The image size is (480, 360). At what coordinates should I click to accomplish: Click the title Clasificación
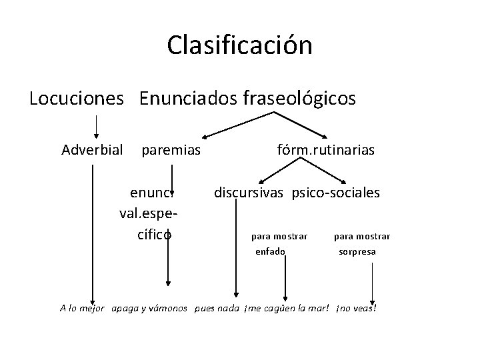point(239,45)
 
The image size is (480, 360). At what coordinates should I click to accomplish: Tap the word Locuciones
point(77,99)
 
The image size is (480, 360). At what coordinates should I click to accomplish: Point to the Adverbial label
point(92,150)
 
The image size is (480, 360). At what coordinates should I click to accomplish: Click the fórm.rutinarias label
point(326,150)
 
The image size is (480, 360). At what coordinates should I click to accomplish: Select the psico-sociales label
point(336,193)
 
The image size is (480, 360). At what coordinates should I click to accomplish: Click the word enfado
point(270,251)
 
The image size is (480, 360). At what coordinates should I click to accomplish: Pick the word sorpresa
point(357,251)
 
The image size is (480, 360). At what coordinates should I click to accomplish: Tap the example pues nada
point(217,309)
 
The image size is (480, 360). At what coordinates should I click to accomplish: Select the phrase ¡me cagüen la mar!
point(287,309)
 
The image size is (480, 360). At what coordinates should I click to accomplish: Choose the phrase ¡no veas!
point(357,309)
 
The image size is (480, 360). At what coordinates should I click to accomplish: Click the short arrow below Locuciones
point(97,125)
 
